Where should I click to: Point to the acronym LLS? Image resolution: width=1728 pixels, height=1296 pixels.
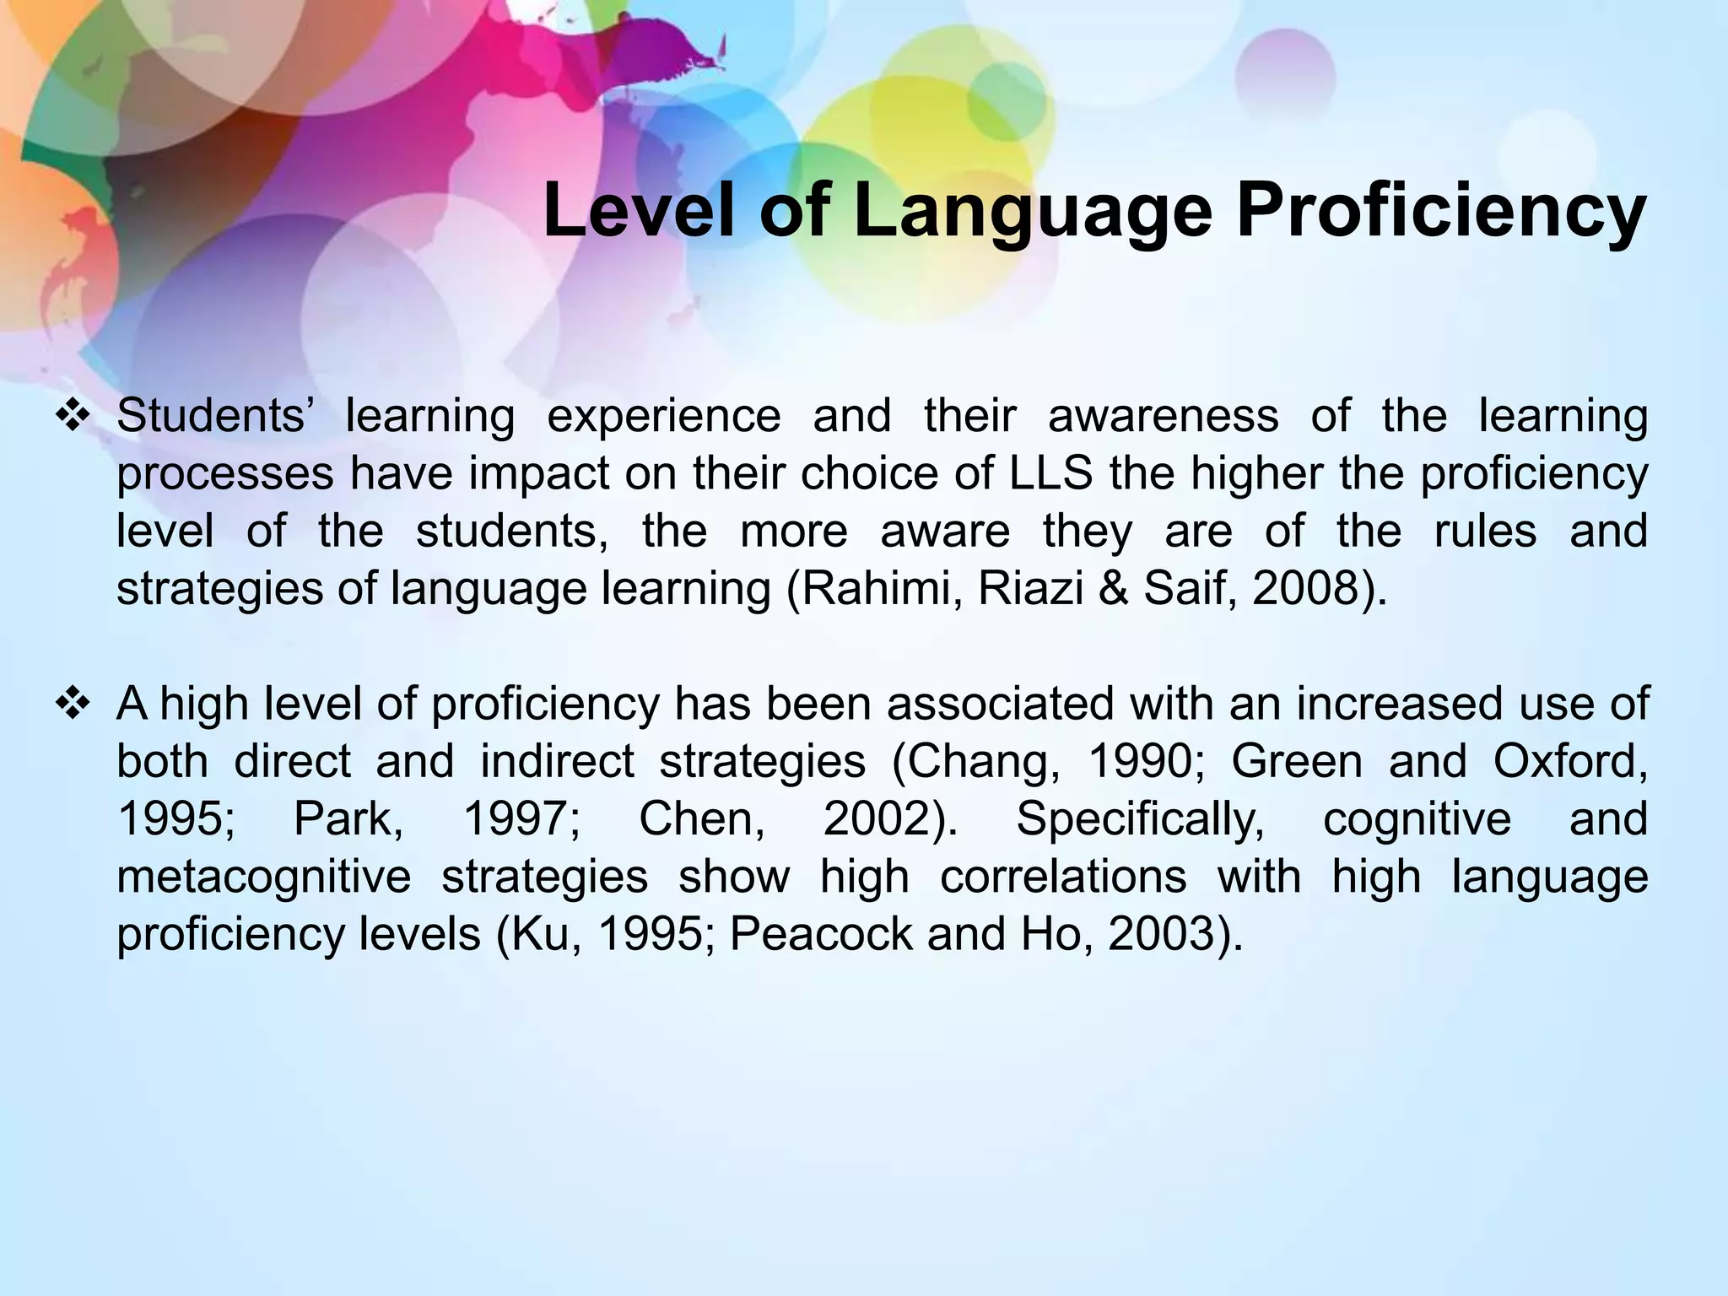[1052, 474]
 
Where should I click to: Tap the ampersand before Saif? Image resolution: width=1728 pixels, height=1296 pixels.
[1114, 589]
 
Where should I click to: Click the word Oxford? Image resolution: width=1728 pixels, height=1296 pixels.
[1569, 762]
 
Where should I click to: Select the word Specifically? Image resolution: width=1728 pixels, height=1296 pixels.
[1140, 819]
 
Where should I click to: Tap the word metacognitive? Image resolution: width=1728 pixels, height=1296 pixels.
[263, 877]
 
